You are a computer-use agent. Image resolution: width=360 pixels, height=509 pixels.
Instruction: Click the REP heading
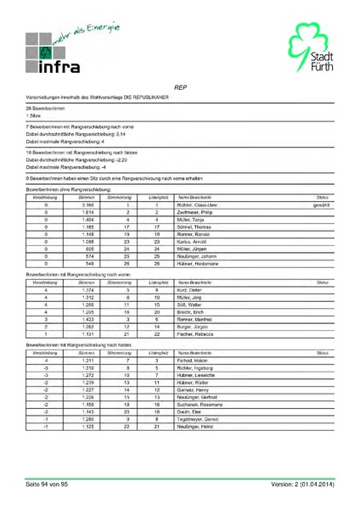tap(180, 87)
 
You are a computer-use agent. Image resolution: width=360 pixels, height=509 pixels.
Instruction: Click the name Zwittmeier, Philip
tap(194, 213)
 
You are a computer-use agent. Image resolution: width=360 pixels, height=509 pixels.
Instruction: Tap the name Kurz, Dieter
tap(189, 290)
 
